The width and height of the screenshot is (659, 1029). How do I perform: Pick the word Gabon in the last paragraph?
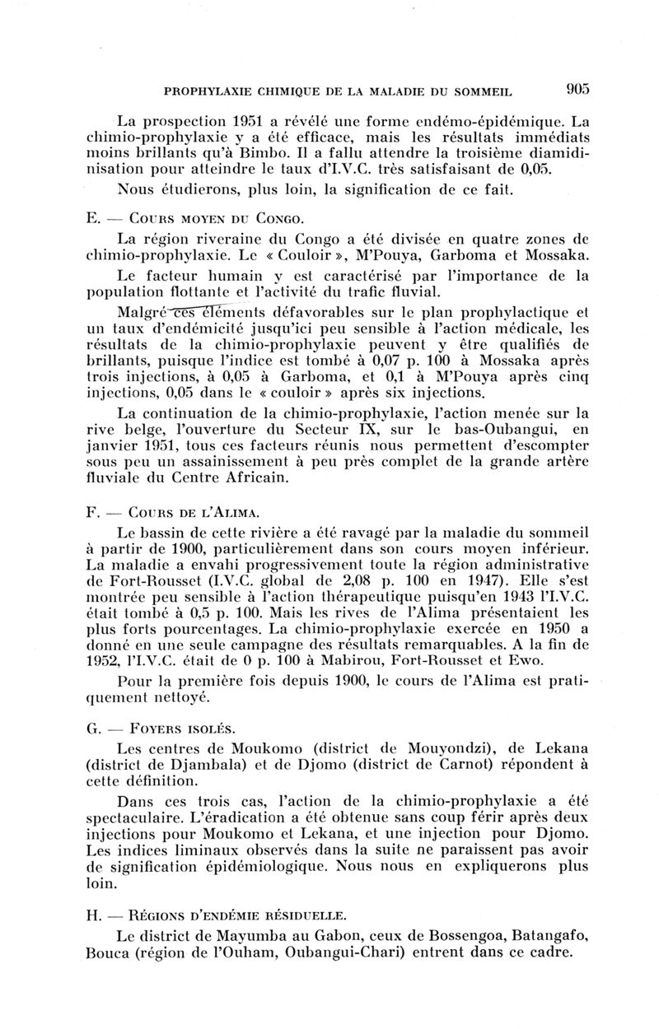click(337, 935)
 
